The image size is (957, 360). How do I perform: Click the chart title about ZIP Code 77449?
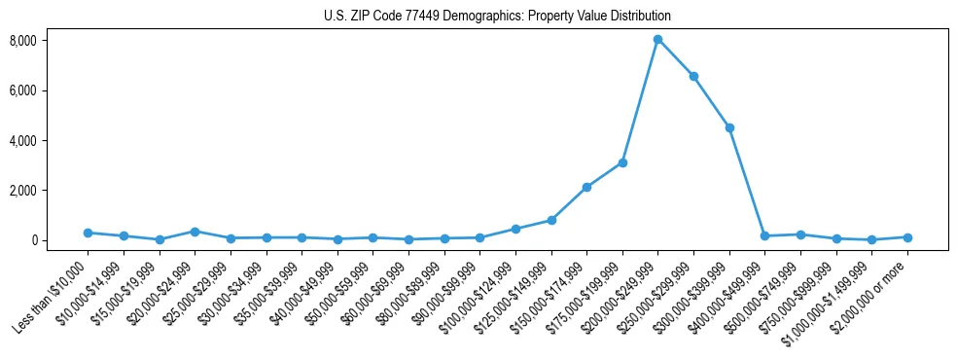[x=497, y=16]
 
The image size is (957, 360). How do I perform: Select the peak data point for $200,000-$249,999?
[x=658, y=39]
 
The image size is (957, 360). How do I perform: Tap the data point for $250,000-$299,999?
[x=693, y=76]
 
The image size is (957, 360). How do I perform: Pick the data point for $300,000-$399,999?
[x=729, y=127]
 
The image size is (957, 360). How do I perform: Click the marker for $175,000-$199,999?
[x=622, y=162]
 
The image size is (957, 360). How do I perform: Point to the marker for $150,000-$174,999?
[x=586, y=187]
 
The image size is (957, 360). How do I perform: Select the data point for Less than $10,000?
[x=88, y=233]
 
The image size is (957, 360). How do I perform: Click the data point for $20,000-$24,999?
[x=195, y=232]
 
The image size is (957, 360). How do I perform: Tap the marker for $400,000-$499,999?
[x=765, y=235]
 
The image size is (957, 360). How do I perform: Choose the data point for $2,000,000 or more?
[x=907, y=237]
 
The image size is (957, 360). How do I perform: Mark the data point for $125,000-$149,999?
[x=551, y=220]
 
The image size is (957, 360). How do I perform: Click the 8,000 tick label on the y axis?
[x=50, y=41]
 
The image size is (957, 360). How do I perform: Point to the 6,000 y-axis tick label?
[x=50, y=90]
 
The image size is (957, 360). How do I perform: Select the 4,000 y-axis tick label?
[x=50, y=140]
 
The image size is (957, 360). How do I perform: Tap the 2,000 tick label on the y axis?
[x=50, y=190]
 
